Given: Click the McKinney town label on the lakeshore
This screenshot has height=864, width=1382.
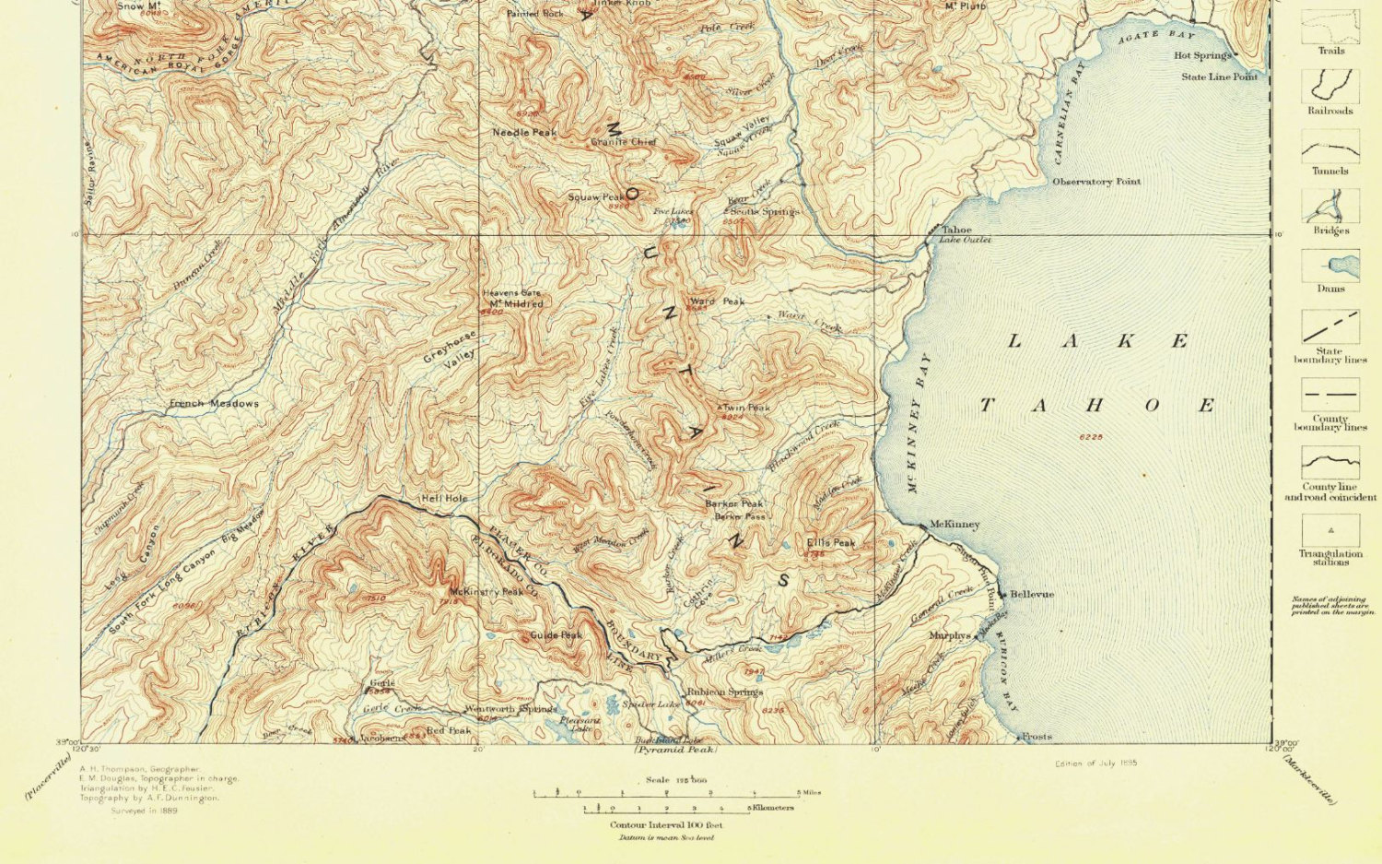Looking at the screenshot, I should (x=955, y=524).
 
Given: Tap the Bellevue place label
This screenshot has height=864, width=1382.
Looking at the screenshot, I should (x=1032, y=595).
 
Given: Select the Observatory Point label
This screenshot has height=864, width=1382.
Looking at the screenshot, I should (x=1096, y=182).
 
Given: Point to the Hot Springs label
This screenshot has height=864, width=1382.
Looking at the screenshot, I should (x=1201, y=55).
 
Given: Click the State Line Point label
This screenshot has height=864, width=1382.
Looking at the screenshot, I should (x=1219, y=77).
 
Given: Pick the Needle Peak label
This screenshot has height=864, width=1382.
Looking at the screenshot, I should (x=524, y=133).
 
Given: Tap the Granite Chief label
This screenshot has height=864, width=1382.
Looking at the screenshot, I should (x=624, y=142).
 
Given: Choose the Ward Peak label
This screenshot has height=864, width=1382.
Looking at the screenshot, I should (x=717, y=302).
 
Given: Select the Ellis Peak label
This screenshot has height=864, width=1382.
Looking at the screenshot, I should (x=830, y=543).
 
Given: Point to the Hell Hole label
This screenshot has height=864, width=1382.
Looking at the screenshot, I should (x=444, y=498).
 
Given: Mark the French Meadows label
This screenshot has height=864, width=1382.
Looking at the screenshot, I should (x=214, y=403).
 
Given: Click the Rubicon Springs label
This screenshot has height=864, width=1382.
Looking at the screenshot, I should (x=724, y=692).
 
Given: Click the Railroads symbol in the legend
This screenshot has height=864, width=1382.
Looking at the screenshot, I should (x=1329, y=86).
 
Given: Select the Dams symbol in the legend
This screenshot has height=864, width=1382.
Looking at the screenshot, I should (x=1329, y=266).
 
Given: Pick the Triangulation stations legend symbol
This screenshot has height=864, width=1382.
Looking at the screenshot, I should (x=1329, y=530).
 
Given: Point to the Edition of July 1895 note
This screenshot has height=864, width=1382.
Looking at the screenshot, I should (x=1096, y=763).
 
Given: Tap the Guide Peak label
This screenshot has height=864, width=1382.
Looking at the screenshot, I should (x=556, y=635).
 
